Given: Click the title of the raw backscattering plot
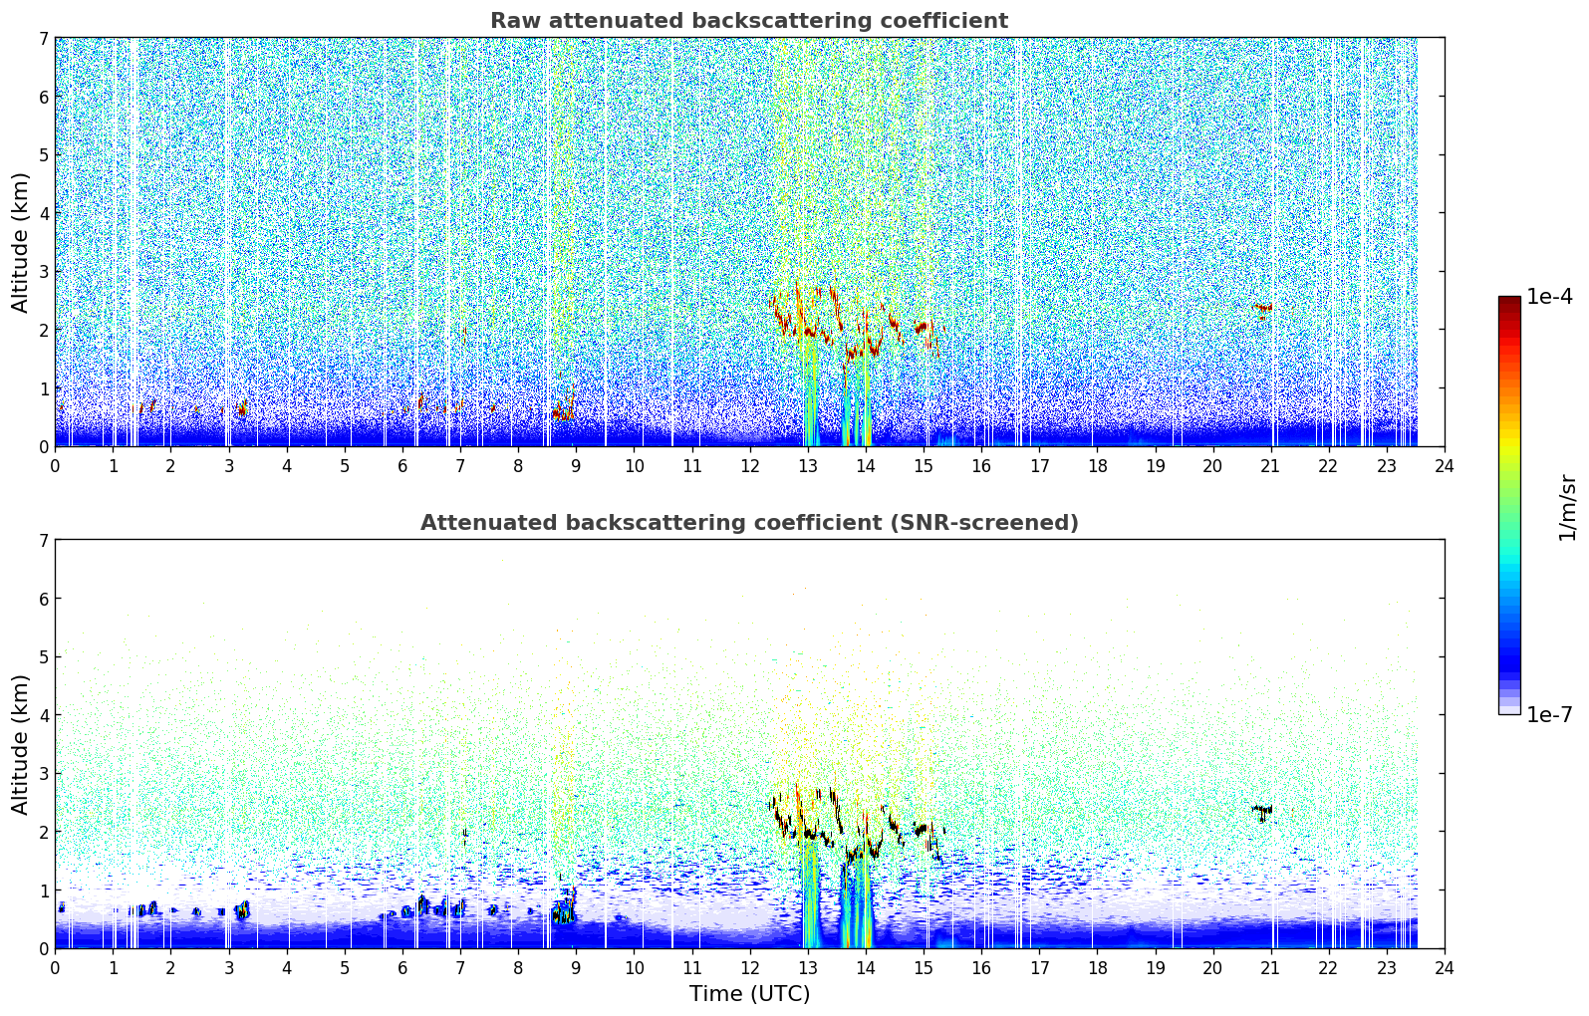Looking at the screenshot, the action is pyautogui.click(x=749, y=21).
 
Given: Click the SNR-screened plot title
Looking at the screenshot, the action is pyautogui.click(x=749, y=522).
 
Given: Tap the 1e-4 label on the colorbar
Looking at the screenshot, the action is pyautogui.click(x=1549, y=296).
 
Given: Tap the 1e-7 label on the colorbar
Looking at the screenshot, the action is pyautogui.click(x=1549, y=714).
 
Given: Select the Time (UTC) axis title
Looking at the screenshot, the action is pyautogui.click(x=749, y=993).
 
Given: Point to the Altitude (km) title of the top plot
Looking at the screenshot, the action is pyautogui.click(x=20, y=242).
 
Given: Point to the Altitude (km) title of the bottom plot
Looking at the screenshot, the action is pyautogui.click(x=20, y=744).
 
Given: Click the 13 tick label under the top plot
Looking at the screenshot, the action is pyautogui.click(x=808, y=466).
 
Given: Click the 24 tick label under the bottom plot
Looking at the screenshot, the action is pyautogui.click(x=1445, y=968).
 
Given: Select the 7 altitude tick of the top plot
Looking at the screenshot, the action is pyautogui.click(x=44, y=38).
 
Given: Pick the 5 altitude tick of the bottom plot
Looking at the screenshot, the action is pyautogui.click(x=44, y=657).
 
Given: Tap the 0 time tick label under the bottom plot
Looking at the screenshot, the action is pyautogui.click(x=56, y=968).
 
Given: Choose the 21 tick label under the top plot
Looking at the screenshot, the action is pyautogui.click(x=1270, y=466).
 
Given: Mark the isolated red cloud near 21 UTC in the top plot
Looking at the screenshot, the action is pyautogui.click(x=1262, y=310).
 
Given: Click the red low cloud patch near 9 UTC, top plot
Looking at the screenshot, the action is pyautogui.click(x=564, y=409).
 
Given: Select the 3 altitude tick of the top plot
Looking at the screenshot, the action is pyautogui.click(x=44, y=272).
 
